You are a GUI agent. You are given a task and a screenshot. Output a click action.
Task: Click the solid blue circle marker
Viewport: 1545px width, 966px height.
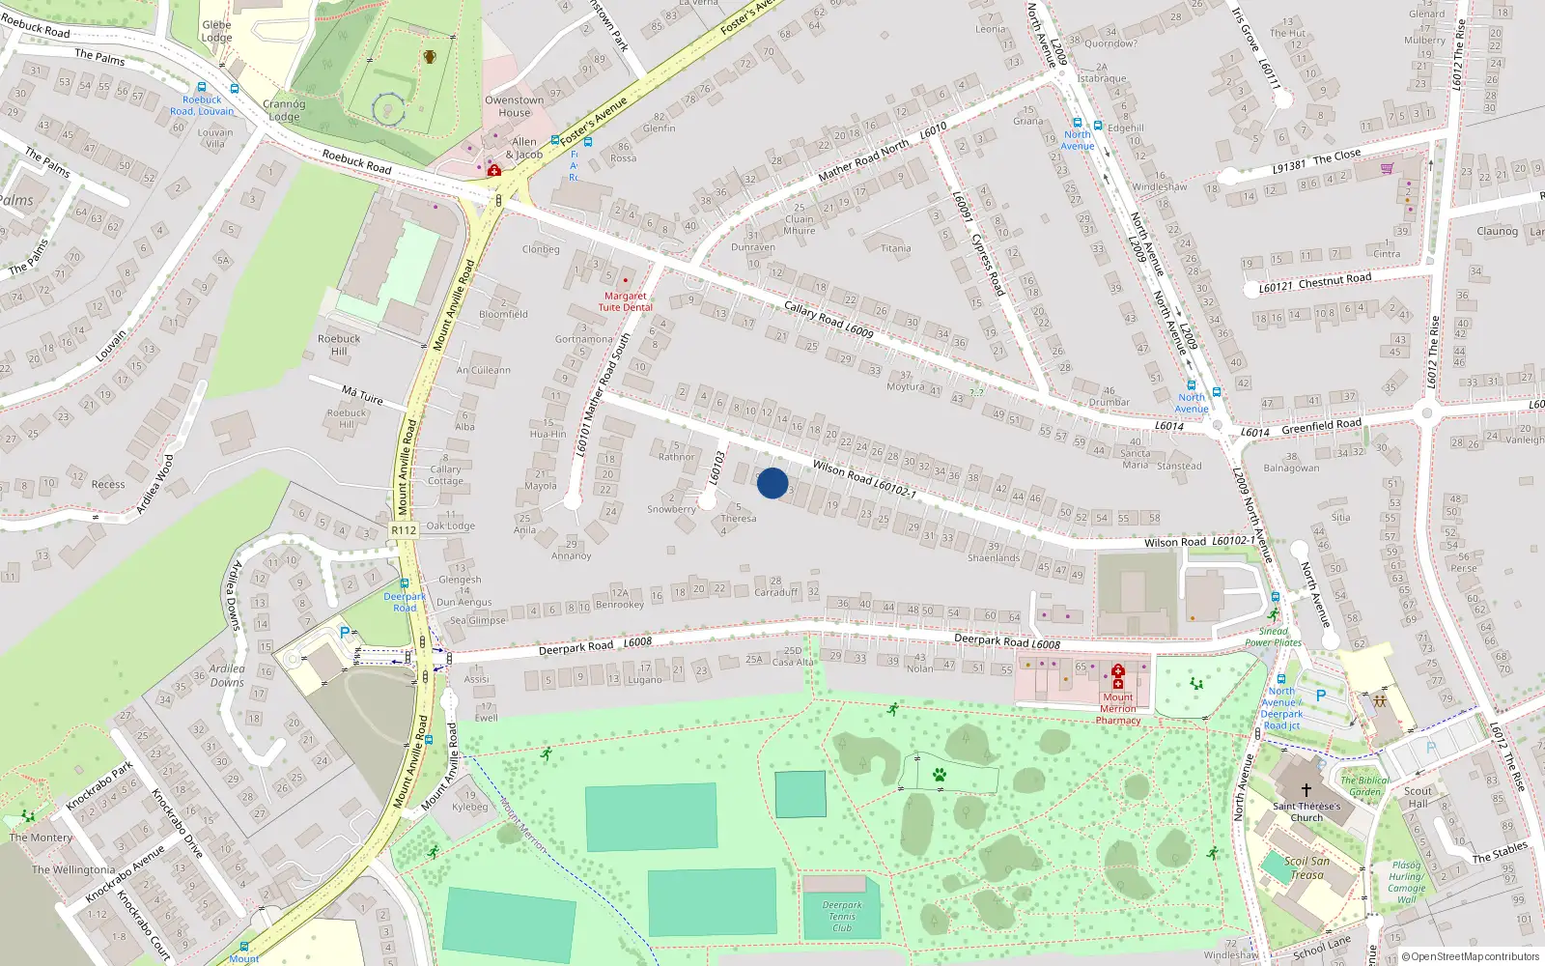pos(772,483)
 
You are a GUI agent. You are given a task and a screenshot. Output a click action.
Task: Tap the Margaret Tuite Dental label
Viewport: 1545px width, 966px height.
pos(625,301)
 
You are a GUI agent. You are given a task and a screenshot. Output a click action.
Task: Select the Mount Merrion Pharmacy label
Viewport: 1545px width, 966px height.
pos(1118,708)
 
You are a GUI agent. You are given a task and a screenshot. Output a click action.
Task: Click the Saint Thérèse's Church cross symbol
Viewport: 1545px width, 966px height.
pos(1306,789)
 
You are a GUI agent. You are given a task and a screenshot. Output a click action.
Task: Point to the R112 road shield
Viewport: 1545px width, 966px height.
pos(404,530)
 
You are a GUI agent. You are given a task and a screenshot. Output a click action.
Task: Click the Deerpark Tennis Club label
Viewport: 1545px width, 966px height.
pos(842,917)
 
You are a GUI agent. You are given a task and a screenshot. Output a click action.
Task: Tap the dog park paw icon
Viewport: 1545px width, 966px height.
pos(939,775)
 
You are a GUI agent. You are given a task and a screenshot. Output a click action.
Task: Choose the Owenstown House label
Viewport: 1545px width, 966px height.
pos(514,106)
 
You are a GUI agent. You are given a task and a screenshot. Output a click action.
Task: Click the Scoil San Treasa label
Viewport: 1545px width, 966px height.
pos(1306,867)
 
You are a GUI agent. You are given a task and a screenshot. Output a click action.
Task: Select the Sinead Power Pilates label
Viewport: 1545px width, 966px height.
pos(1273,637)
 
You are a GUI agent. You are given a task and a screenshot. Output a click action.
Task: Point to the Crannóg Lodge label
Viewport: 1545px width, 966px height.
pos(284,110)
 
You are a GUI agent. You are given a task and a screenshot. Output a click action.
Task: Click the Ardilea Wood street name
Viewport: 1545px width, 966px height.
pos(154,484)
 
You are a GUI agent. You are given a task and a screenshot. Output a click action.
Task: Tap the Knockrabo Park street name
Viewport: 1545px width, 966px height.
pos(99,785)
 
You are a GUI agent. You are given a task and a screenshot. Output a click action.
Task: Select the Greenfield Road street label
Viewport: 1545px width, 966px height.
pos(1321,425)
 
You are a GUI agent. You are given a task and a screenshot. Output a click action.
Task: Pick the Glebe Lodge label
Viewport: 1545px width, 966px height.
pos(216,32)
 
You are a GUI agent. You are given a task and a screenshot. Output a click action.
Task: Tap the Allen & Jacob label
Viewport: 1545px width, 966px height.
pos(523,148)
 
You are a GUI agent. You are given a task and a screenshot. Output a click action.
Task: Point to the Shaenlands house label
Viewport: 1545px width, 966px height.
pos(994,557)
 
